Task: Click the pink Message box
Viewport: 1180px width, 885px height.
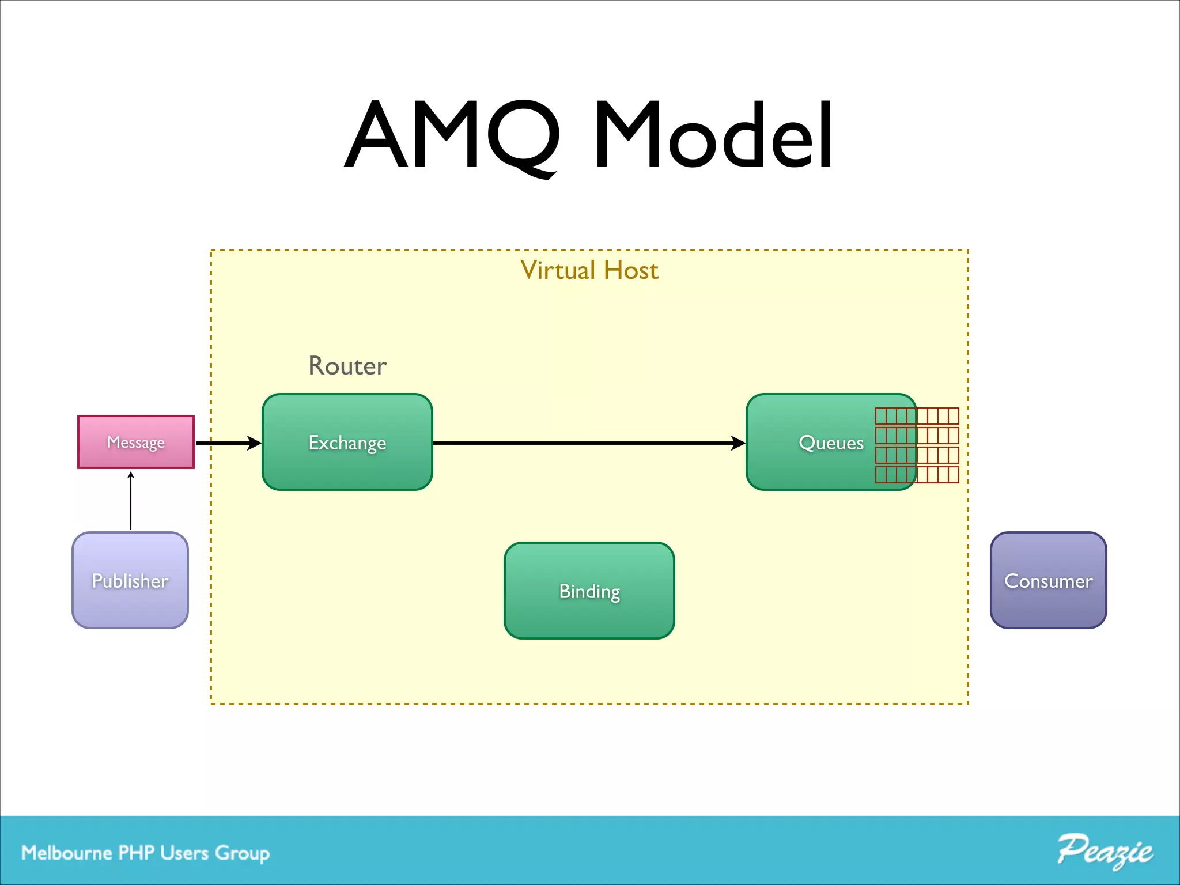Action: click(136, 442)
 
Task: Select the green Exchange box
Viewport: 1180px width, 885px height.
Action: click(347, 442)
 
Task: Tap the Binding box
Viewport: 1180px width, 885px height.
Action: click(589, 591)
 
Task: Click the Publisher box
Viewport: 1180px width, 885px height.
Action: click(130, 580)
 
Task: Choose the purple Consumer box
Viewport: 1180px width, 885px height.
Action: click(1048, 580)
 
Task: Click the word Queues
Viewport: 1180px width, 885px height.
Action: click(831, 442)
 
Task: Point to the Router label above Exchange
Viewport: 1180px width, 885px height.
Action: click(347, 366)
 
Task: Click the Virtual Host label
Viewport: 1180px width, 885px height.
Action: click(589, 270)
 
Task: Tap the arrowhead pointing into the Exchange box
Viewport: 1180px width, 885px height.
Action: click(254, 443)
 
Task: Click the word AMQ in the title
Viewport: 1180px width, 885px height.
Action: click(453, 135)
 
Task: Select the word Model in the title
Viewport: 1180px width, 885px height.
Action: click(713, 135)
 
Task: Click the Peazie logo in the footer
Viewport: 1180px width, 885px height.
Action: click(1105, 851)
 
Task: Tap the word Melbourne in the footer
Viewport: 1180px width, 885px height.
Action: click(66, 853)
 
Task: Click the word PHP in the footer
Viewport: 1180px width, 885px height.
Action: click(136, 853)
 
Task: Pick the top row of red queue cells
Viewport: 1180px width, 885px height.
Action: click(917, 415)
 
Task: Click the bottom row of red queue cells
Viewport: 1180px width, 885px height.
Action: click(917, 475)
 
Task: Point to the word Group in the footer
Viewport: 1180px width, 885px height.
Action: click(242, 853)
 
